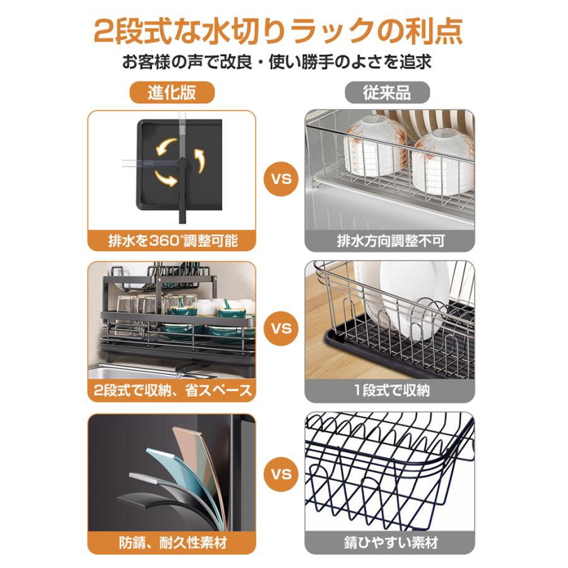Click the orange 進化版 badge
coord(172,92)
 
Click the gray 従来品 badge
coord(387,92)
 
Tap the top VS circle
coord(281,178)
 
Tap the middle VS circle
coord(281,328)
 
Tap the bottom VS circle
coord(281,474)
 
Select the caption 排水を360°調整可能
coord(172,241)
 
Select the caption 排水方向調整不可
coord(391,241)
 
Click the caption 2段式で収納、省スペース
coord(172,391)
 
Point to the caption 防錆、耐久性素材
coord(173,542)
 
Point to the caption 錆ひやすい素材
coord(391,542)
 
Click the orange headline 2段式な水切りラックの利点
coord(278,32)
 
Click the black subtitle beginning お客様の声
coord(277,62)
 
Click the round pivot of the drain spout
coord(182,164)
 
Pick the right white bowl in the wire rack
coord(442,161)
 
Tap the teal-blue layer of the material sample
coord(188,482)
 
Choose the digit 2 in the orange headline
coord(105,32)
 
